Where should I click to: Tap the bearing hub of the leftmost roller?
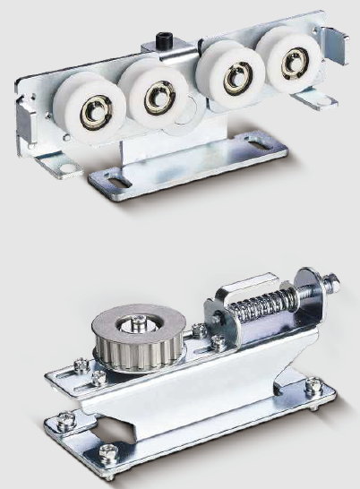click(91, 114)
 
